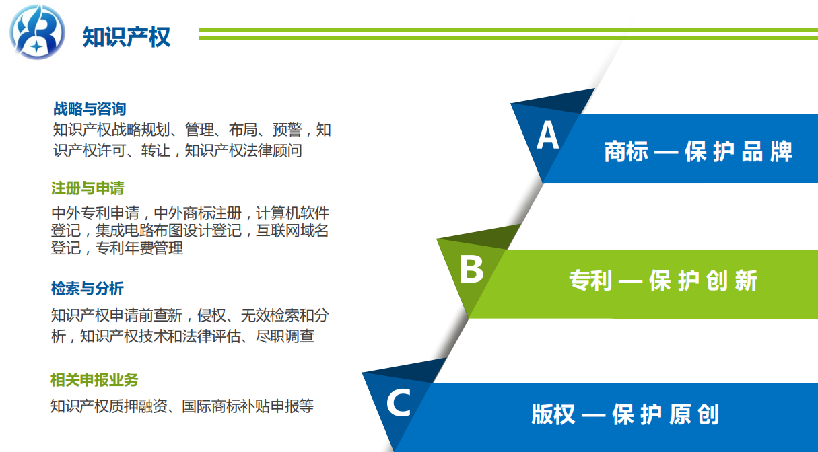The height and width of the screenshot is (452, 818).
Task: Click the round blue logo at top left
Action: coord(37,32)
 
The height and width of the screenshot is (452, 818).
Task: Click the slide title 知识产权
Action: coord(127,37)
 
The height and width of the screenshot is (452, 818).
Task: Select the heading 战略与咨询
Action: coord(90,109)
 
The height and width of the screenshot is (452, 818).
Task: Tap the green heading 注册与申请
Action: coord(88,188)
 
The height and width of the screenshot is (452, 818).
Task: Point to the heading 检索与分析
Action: coord(88,288)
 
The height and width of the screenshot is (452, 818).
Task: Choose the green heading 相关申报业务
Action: coord(94,380)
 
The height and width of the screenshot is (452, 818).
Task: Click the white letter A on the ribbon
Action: coord(548,135)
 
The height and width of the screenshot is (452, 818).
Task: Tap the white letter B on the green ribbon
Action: coord(471,269)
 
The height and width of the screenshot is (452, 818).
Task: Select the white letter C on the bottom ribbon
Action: coord(399,402)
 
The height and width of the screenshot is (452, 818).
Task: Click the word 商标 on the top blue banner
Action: coord(626,151)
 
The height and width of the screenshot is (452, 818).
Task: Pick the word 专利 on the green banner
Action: coord(590,280)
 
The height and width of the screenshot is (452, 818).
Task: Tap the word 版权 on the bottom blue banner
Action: coord(553,414)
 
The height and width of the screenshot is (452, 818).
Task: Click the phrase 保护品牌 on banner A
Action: coord(739,151)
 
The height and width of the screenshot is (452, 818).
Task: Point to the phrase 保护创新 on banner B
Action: coord(703,280)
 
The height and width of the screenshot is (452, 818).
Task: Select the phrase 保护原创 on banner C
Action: coord(666,414)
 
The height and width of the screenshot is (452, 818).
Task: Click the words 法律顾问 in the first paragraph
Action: coord(273,150)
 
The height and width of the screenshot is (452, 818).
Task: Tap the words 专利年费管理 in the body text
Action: coord(139,248)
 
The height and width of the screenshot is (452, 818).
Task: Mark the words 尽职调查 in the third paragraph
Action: coord(285,336)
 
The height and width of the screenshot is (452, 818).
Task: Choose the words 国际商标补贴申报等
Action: coord(248,406)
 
